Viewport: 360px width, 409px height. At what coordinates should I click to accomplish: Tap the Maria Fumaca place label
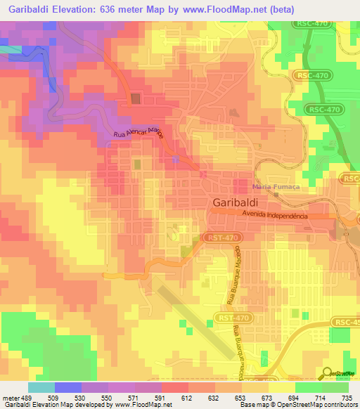273,188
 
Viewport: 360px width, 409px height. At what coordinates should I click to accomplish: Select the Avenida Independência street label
276,216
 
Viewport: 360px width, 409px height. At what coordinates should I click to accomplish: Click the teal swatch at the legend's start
41,387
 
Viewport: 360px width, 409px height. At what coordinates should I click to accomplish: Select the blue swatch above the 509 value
67,387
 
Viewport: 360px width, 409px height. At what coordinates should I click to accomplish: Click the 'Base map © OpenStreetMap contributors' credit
298,405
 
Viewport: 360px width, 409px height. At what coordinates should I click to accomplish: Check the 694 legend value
293,397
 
